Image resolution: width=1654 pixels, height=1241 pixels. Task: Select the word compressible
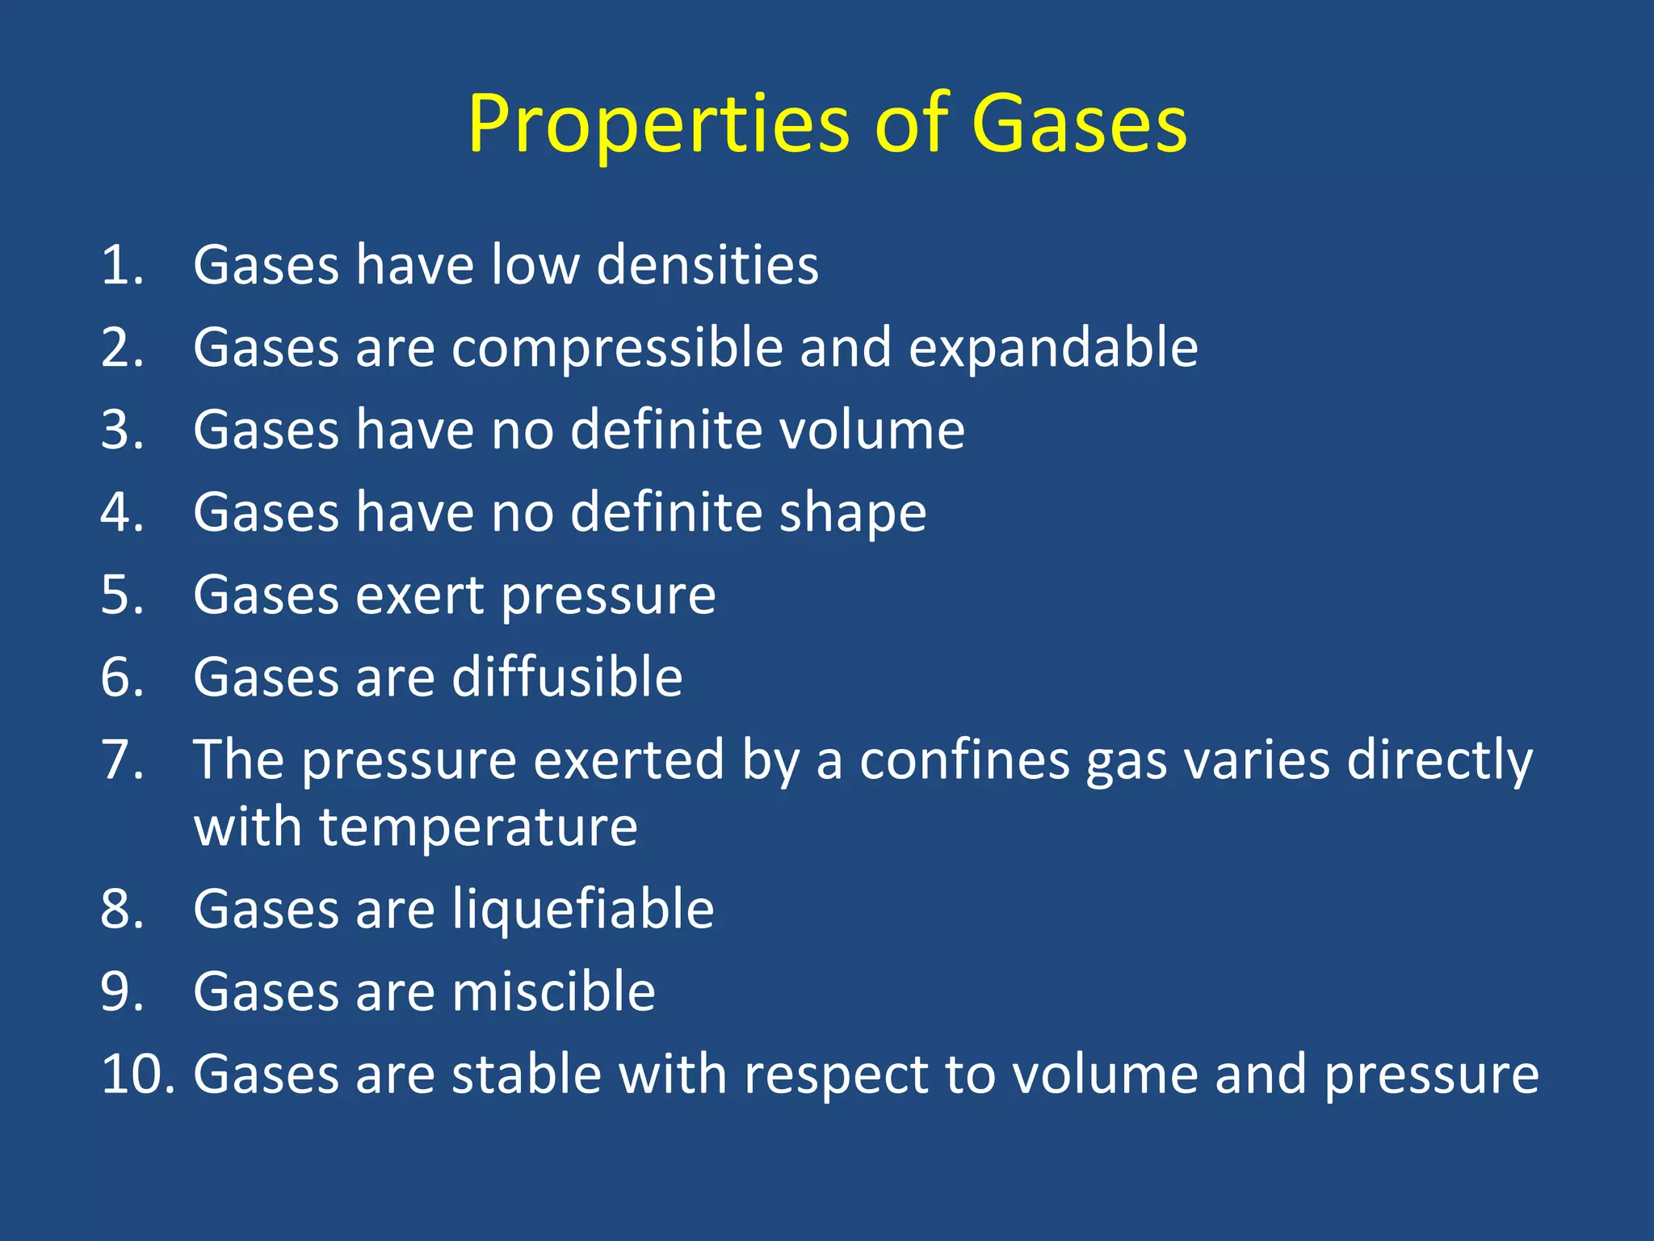click(617, 348)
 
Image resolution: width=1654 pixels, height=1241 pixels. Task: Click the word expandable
click(1053, 348)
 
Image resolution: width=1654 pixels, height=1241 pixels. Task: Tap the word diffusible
click(567, 677)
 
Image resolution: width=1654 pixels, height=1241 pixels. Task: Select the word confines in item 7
click(964, 760)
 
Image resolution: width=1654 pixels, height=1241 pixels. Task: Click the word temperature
click(478, 827)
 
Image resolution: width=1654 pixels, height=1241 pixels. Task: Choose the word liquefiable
click(582, 910)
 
